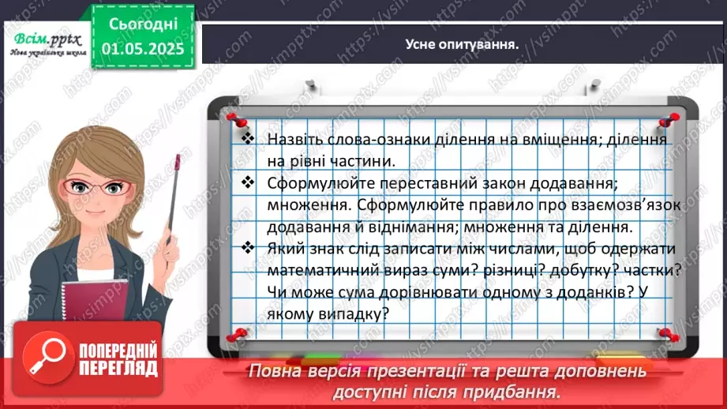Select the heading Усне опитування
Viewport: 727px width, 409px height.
point(461,44)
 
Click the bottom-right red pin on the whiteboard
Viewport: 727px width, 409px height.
point(664,335)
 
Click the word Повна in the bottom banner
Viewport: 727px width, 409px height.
point(273,370)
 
